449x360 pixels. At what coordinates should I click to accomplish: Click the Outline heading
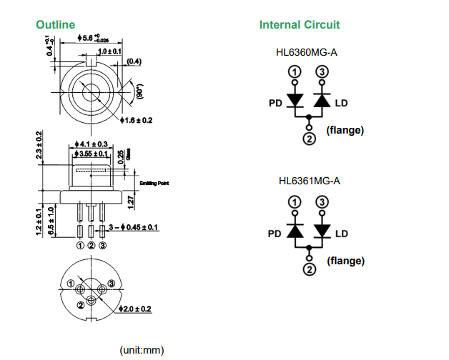pyautogui.click(x=55, y=25)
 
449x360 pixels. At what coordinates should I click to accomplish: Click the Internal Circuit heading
pyautogui.click(x=299, y=25)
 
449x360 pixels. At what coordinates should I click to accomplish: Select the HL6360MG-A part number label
pyautogui.click(x=307, y=51)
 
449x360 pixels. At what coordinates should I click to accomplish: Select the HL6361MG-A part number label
pyautogui.click(x=309, y=181)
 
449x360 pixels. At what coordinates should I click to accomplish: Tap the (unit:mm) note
pyautogui.click(x=142, y=350)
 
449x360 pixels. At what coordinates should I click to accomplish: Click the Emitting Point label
pyautogui.click(x=154, y=183)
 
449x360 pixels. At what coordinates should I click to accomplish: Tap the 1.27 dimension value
pyautogui.click(x=129, y=202)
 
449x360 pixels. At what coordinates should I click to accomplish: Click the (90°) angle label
pyautogui.click(x=140, y=93)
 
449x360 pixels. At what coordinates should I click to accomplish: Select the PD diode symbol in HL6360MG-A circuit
pyautogui.click(x=294, y=101)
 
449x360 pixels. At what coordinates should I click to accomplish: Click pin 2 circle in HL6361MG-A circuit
pyautogui.click(x=308, y=269)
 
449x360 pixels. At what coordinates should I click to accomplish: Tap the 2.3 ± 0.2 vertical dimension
pyautogui.click(x=40, y=147)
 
